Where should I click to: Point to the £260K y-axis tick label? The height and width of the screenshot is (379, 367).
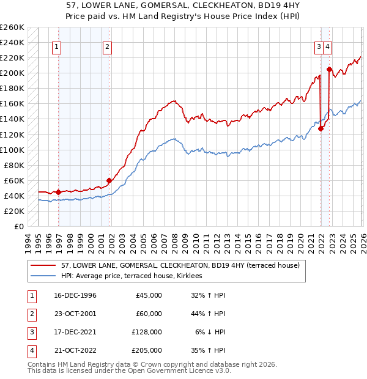point(12,28)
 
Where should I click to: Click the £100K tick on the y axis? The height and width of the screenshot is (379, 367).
point(12,150)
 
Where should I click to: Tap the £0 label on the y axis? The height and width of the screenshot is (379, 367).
point(18,226)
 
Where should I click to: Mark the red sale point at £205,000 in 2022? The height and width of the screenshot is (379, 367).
point(329,69)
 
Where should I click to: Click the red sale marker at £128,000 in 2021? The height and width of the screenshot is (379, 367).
point(321,128)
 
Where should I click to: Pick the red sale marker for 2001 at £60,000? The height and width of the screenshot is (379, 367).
point(109,180)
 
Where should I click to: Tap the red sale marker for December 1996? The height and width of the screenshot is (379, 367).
point(59,192)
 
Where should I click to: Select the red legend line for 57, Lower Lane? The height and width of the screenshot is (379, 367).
point(46,266)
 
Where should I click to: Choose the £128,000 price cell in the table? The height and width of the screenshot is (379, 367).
point(146,332)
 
